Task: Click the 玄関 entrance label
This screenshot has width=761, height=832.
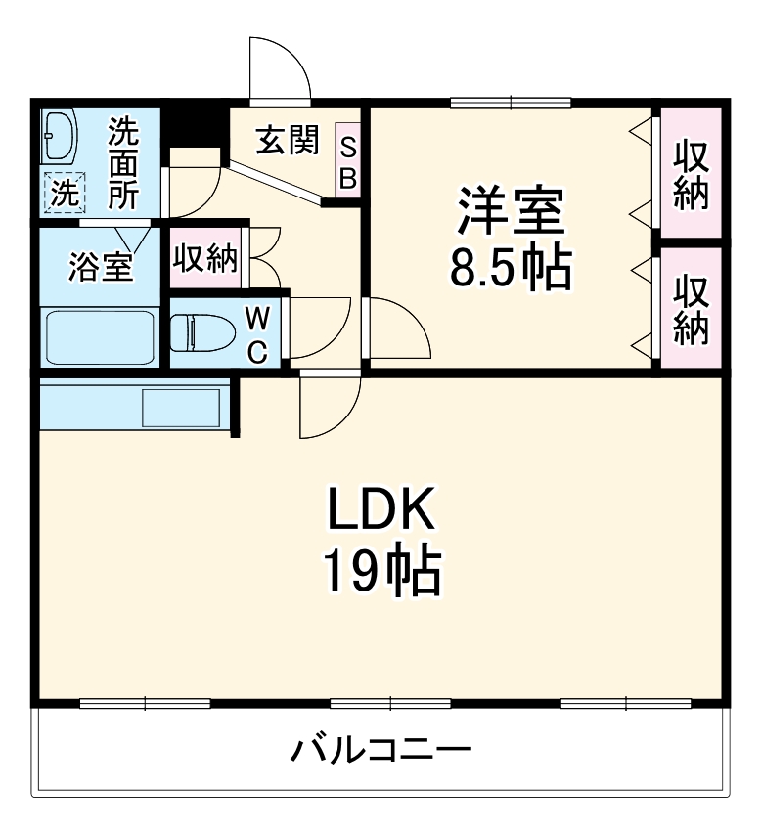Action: [x=288, y=141]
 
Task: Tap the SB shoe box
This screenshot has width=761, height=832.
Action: [x=348, y=162]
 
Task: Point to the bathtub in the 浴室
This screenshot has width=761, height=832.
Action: [x=100, y=337]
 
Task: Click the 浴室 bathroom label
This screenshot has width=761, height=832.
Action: [x=101, y=266]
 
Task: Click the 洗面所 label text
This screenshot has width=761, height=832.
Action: [x=123, y=163]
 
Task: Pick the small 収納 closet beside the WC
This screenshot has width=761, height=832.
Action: [x=205, y=258]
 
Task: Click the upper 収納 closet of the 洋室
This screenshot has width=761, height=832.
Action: [x=691, y=172]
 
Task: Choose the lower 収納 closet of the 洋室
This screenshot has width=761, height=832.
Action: [x=691, y=307]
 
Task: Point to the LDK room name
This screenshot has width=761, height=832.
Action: [x=380, y=510]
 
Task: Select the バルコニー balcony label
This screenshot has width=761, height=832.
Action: [x=381, y=751]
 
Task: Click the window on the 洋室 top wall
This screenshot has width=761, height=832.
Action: [x=510, y=102]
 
